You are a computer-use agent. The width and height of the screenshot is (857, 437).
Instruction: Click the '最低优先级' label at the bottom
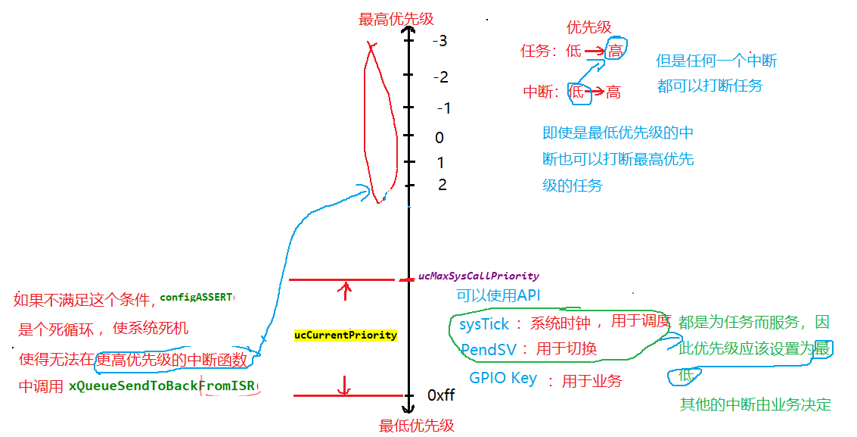pos(417,426)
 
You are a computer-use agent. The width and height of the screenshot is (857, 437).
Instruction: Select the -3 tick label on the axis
pos(440,41)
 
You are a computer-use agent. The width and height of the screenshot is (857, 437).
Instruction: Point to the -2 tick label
pos(441,77)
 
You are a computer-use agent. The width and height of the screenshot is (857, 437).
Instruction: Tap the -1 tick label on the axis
pos(444,108)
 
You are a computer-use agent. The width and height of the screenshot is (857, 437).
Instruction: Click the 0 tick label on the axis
pos(439,138)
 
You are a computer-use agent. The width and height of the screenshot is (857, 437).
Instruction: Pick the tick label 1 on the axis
pos(441,163)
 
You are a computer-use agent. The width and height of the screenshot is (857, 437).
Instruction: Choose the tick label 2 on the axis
pos(442,185)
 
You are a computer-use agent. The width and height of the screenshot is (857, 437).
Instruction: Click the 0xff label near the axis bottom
pos(441,395)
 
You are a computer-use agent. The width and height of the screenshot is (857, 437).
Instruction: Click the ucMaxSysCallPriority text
pos(479,276)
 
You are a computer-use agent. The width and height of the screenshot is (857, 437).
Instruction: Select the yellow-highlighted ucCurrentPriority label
pos(346,335)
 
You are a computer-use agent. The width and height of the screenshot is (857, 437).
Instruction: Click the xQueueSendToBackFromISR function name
pos(163,386)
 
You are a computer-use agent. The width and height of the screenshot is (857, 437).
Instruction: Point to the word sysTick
pos(485,324)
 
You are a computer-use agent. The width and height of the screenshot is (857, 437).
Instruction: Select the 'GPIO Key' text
pos(503,379)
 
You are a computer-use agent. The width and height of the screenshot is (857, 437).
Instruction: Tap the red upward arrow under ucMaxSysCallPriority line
pos(346,291)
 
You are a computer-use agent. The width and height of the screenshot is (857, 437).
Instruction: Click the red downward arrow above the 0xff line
pos(345,385)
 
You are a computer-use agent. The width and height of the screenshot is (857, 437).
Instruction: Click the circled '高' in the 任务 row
pos(616,51)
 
